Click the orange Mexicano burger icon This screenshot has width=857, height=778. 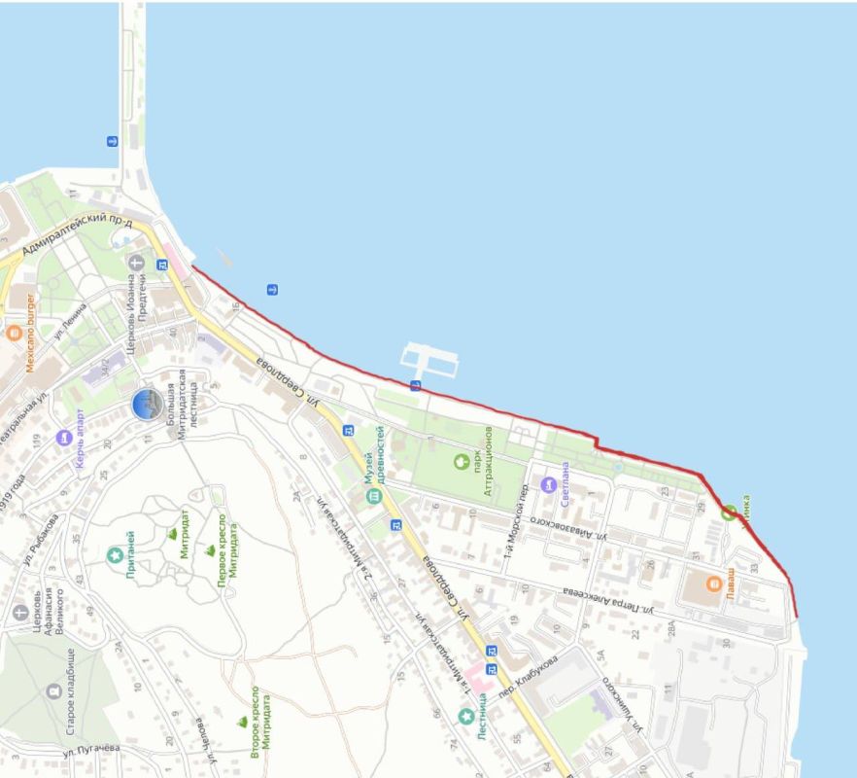click(14, 333)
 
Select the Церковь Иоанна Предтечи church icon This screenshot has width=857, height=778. click(136, 263)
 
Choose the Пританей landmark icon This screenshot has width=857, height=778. click(115, 554)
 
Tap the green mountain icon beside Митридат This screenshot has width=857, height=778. click(173, 534)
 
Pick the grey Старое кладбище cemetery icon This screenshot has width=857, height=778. click(53, 691)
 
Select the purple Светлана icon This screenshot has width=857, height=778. click(548, 484)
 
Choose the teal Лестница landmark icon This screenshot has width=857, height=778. click(466, 717)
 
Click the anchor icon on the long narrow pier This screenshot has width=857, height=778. click(112, 142)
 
